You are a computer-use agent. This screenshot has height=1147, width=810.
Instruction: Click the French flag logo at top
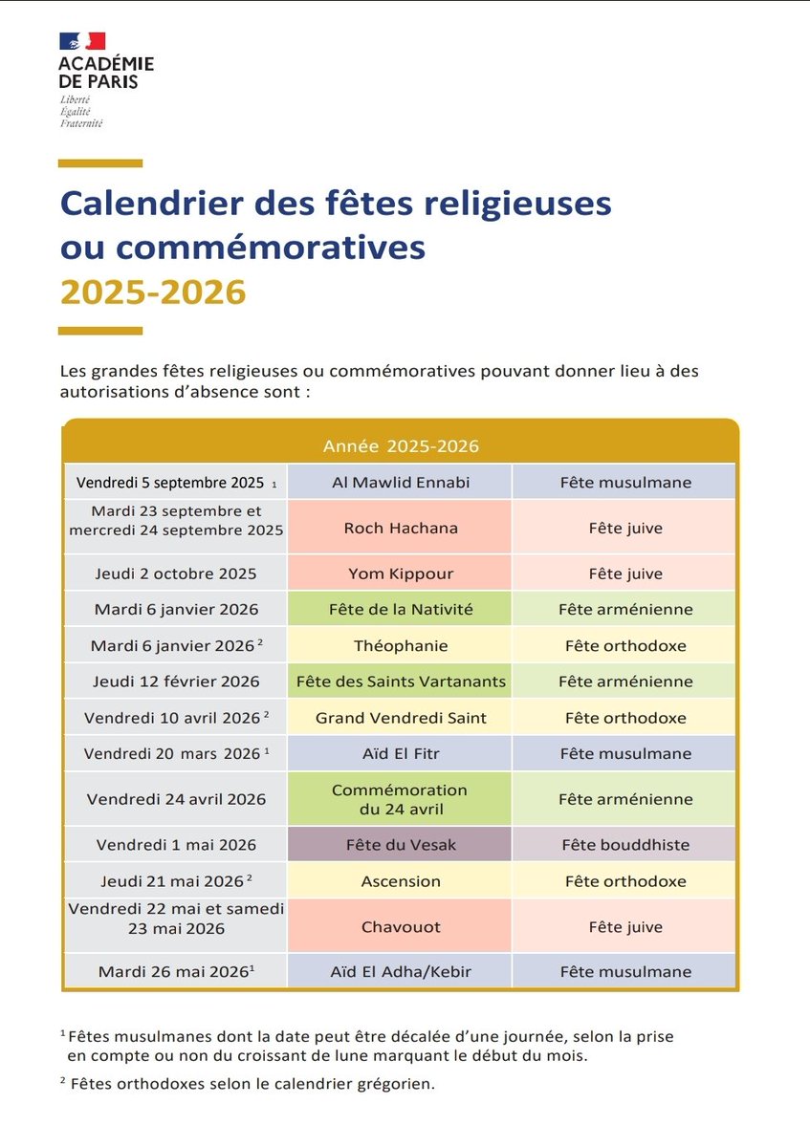pyautogui.click(x=82, y=41)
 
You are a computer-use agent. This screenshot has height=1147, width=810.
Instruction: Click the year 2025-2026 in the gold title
pyautogui.click(x=153, y=292)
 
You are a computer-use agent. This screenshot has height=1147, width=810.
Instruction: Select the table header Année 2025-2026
pyautogui.click(x=401, y=446)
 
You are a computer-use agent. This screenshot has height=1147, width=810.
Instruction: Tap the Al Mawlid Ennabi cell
pyautogui.click(x=401, y=483)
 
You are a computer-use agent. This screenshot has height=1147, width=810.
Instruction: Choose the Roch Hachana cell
pyautogui.click(x=401, y=528)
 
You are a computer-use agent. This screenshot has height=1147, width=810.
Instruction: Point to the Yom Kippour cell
pyautogui.click(x=401, y=573)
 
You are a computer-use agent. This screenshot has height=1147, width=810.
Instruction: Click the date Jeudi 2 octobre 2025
pyautogui.click(x=176, y=573)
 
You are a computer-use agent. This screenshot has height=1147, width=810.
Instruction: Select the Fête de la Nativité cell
pyautogui.click(x=401, y=609)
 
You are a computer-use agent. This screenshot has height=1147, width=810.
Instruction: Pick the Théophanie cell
pyautogui.click(x=401, y=645)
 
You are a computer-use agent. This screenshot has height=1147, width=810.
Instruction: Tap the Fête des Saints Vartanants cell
pyautogui.click(x=401, y=682)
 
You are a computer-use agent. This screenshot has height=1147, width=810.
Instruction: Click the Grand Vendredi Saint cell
pyautogui.click(x=401, y=718)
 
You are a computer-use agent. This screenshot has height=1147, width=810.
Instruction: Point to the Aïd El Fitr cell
pyautogui.click(x=401, y=753)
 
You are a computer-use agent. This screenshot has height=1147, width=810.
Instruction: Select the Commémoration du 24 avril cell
pyautogui.click(x=401, y=799)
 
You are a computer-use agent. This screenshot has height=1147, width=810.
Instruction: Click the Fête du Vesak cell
pyautogui.click(x=401, y=845)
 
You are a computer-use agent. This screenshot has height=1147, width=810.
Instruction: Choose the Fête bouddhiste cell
pyautogui.click(x=625, y=845)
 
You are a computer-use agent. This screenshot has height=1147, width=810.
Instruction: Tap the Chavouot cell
pyautogui.click(x=401, y=926)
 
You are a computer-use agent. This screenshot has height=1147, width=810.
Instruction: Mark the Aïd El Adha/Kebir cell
pyautogui.click(x=401, y=972)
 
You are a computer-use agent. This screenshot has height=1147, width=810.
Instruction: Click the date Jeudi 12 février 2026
pyautogui.click(x=176, y=682)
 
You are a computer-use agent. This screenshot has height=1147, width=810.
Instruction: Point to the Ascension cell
pyautogui.click(x=401, y=881)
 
